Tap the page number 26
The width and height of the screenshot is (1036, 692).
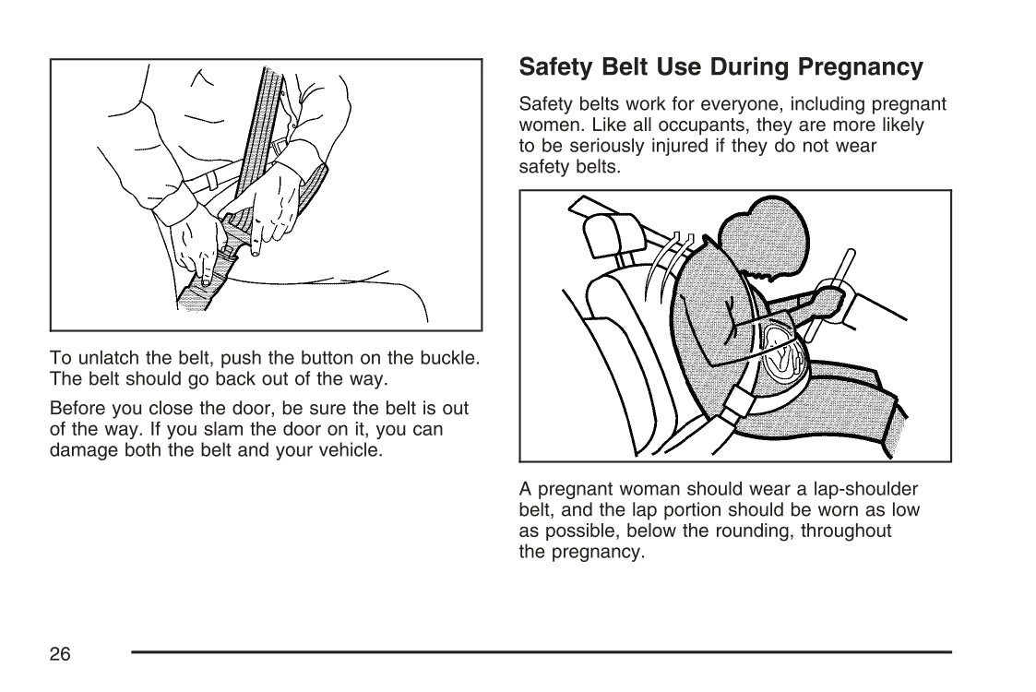click(60, 654)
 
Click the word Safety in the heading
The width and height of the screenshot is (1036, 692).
click(552, 68)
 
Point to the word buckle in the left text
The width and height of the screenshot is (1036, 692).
click(449, 357)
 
